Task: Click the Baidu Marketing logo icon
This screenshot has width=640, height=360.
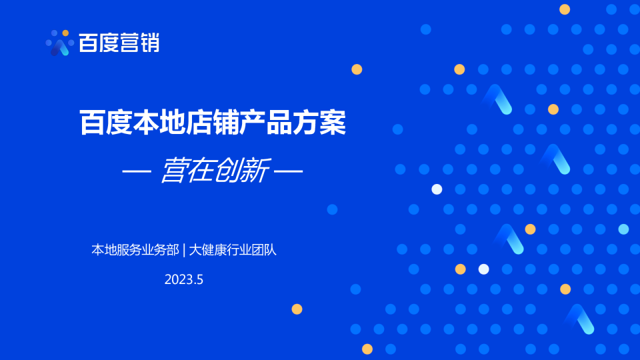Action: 59,43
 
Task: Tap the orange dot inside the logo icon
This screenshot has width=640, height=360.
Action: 65,33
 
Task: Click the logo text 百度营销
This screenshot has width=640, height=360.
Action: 119,43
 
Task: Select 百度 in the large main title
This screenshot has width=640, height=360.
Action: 106,123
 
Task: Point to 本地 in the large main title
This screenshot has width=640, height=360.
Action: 159,123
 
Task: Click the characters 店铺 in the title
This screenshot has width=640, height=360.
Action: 212,123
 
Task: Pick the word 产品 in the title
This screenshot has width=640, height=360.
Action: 265,123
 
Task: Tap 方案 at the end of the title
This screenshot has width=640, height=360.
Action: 319,123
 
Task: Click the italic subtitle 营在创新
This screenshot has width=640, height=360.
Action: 215,170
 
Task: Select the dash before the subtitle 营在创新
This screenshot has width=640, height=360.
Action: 137,171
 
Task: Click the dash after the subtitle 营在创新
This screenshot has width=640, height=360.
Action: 288,171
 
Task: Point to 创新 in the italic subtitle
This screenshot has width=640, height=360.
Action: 242,170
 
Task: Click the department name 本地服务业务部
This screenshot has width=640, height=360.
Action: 135,250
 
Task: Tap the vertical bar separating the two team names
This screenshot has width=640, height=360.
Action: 184,250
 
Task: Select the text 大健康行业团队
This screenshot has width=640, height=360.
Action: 233,250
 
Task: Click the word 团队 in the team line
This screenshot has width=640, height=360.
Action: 264,250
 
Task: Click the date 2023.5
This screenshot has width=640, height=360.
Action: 184,279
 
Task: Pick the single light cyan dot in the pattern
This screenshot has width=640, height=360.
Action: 623,229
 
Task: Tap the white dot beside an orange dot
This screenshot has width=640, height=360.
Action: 484,269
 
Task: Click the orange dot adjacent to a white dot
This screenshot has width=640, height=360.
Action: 461,269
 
